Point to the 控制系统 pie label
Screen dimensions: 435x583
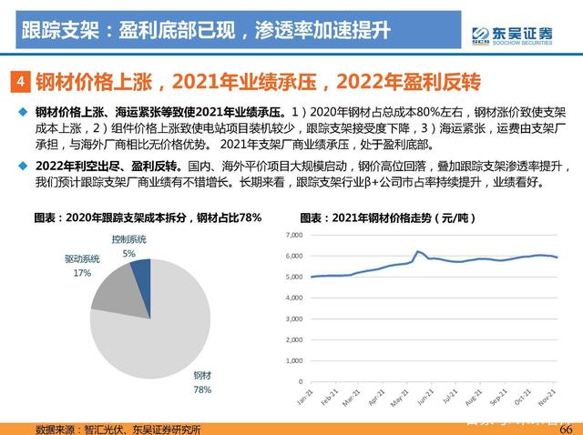pyautogui.click(x=129, y=239)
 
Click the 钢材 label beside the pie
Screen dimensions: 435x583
pyautogui.click(x=202, y=375)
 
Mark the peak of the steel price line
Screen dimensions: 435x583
pyautogui.click(x=417, y=251)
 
